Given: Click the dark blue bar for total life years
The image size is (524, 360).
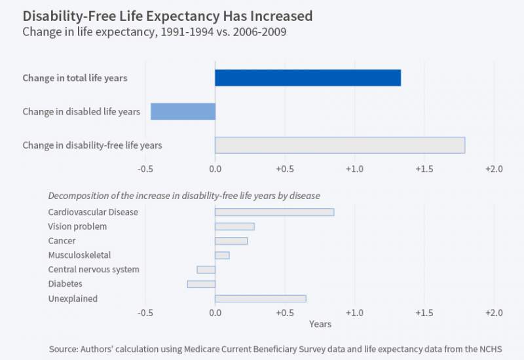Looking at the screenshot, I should pyautogui.click(x=308, y=77).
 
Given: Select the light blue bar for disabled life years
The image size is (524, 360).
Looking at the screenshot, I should pyautogui.click(x=183, y=111).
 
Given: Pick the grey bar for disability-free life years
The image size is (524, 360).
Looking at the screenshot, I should pyautogui.click(x=340, y=145).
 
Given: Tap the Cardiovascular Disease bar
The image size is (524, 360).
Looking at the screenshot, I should pyautogui.click(x=274, y=212).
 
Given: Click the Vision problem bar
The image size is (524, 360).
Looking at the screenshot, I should pyautogui.click(x=234, y=226).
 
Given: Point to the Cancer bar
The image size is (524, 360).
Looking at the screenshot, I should pyautogui.click(x=231, y=241).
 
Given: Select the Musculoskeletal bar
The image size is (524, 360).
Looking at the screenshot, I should pyautogui.click(x=222, y=255).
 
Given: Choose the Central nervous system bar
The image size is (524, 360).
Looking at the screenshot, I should pyautogui.click(x=206, y=270).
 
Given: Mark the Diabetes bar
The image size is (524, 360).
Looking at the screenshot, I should pyautogui.click(x=201, y=284).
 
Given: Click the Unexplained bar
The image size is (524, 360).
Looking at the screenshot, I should pyautogui.click(x=261, y=298).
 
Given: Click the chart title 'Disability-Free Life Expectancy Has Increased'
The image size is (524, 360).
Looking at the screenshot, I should pyautogui.click(x=167, y=15).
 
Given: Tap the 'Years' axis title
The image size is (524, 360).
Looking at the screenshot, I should pyautogui.click(x=320, y=324).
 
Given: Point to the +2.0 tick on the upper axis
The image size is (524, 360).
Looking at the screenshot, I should pyautogui.click(x=493, y=170).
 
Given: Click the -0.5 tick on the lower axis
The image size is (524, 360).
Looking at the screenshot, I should pyautogui.click(x=145, y=313).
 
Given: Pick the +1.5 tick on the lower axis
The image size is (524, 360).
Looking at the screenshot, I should pyautogui.click(x=424, y=313).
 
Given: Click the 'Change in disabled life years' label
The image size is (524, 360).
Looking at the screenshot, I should pyautogui.click(x=81, y=111).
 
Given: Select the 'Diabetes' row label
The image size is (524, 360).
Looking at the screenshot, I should pyautogui.click(x=66, y=284).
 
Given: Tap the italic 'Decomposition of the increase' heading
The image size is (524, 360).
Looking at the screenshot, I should pyautogui.click(x=184, y=196).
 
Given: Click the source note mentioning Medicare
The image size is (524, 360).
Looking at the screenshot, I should pyautogui.click(x=275, y=349).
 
